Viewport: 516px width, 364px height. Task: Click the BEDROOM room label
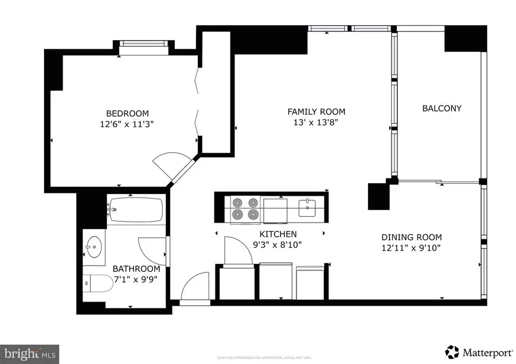127,113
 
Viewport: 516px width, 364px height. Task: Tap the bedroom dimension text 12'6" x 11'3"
127,123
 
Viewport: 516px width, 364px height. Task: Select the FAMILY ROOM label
316,112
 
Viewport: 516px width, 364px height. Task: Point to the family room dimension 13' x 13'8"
316,122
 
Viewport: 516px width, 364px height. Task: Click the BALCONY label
441,108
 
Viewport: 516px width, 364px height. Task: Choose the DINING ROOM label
412,238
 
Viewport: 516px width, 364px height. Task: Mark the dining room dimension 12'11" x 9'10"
412,248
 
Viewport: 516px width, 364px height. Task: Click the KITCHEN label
278,234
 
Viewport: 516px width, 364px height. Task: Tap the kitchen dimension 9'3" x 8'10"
278,244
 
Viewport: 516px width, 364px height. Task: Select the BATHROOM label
136,268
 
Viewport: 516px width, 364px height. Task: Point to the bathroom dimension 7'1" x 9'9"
136,279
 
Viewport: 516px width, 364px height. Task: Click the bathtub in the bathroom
136,210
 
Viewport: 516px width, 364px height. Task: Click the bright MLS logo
30,353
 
